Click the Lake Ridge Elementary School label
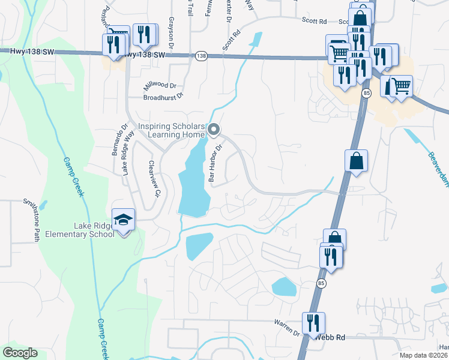[94, 230]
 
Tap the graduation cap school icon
[124, 220]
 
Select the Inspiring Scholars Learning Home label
[172, 130]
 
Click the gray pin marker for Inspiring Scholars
[214, 129]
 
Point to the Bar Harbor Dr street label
[215, 163]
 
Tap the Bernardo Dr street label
[117, 140]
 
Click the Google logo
[20, 353]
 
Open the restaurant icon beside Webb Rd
[313, 323]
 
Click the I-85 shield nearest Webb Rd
[322, 283]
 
